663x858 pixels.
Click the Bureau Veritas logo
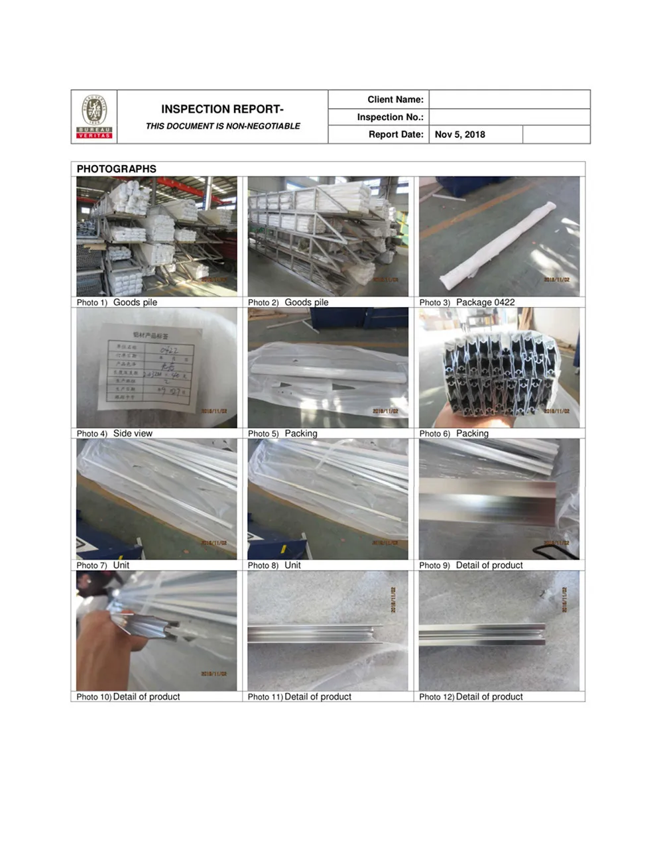pos(94,117)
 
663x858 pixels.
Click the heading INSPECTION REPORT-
pos(222,109)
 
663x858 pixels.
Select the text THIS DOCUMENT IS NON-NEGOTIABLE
pos(223,126)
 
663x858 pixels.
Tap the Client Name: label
pos(395,99)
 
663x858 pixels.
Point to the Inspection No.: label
pos(390,117)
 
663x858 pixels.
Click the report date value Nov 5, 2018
pos(460,135)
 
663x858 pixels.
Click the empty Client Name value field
pos(509,99)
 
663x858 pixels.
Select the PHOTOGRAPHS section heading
pos(117,169)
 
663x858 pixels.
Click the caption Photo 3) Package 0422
pos(467,302)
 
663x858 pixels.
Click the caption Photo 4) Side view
pos(115,434)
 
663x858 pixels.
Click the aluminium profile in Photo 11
pos(315,635)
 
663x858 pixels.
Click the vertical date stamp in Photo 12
pos(564,599)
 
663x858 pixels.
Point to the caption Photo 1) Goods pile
pos(117,302)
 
